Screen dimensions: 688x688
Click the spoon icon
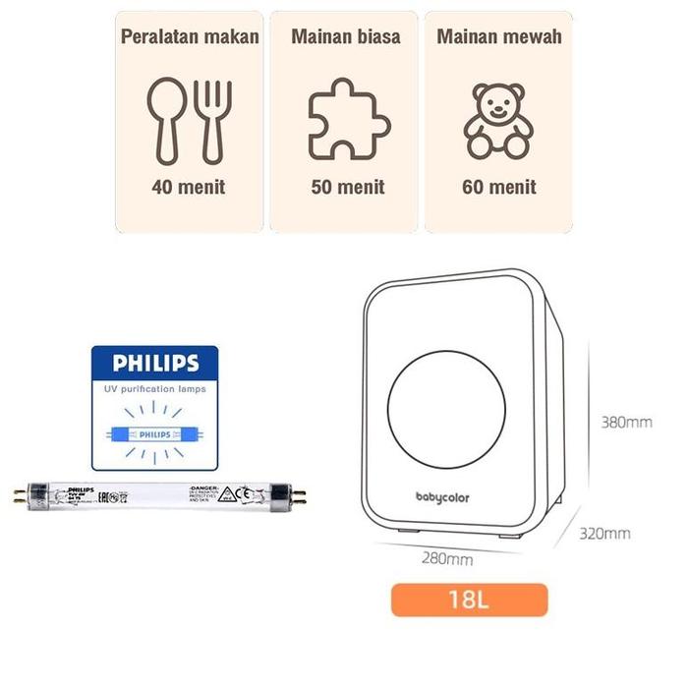(x=165, y=116)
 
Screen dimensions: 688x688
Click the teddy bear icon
(x=498, y=121)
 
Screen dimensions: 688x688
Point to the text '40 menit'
(x=189, y=187)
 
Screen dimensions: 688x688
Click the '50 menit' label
(x=348, y=187)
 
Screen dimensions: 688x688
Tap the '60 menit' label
(x=499, y=187)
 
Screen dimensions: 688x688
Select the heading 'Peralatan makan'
(x=190, y=37)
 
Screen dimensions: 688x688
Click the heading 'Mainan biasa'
(x=346, y=37)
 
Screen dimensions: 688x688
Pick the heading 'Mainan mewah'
(x=499, y=37)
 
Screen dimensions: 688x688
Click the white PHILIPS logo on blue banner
(x=155, y=364)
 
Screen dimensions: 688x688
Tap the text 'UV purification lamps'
(x=154, y=391)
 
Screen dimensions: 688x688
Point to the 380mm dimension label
(x=626, y=423)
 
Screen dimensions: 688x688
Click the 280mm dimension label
(x=446, y=558)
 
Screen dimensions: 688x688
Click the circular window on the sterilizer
(x=446, y=404)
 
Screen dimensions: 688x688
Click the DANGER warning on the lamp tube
(x=209, y=488)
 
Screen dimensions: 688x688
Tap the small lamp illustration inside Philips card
(x=154, y=432)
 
